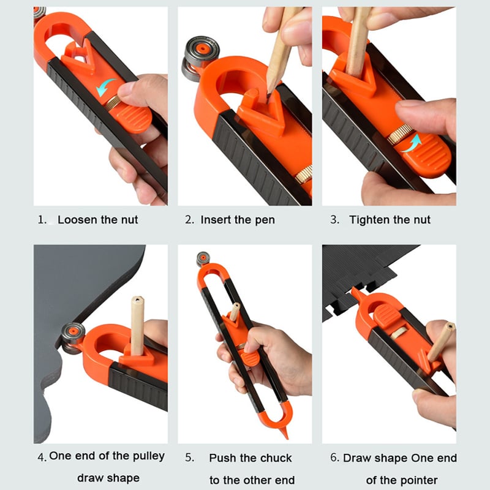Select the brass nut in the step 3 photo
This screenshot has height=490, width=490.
[x=399, y=134]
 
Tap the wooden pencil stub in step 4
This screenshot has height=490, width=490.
[x=137, y=325]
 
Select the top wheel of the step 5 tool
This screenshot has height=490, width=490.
[x=203, y=259]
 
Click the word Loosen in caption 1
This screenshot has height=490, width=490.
[x=78, y=219]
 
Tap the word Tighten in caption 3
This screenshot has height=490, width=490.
[x=372, y=219]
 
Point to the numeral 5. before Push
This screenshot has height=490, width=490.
[x=189, y=458]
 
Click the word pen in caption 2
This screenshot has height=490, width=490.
[x=265, y=220]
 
